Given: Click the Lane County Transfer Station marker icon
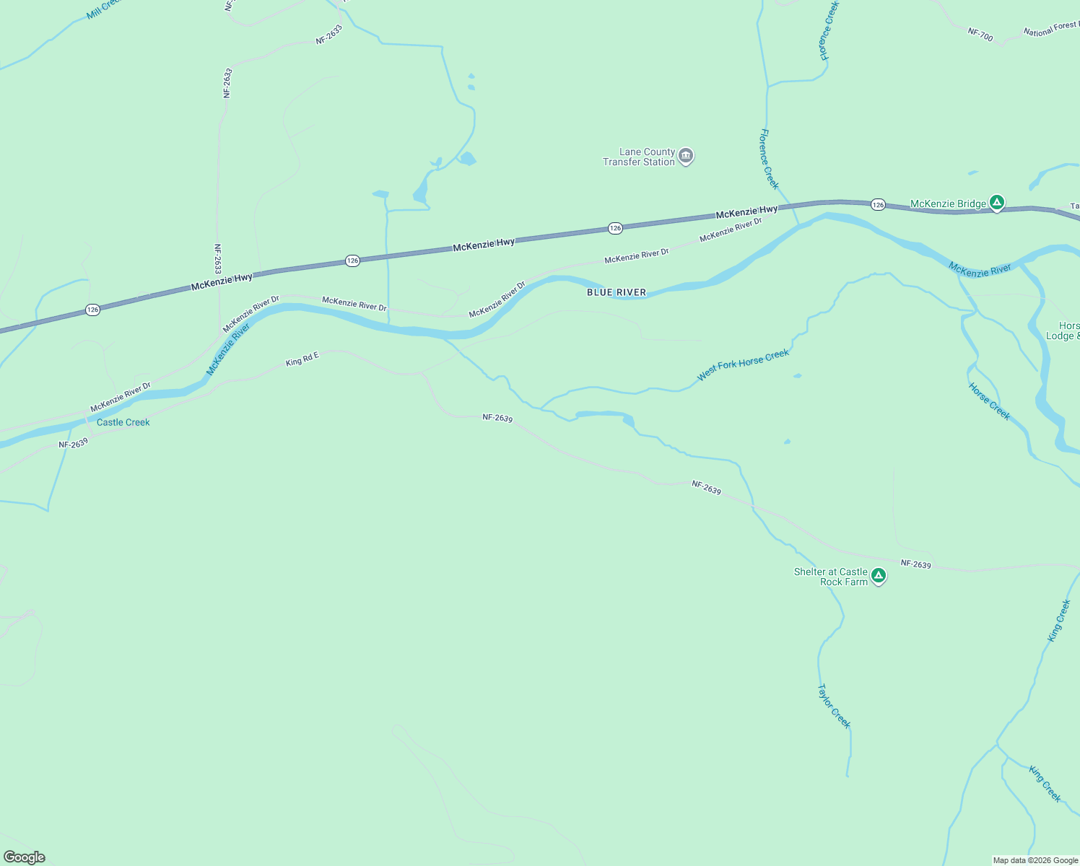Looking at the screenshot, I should [x=686, y=156].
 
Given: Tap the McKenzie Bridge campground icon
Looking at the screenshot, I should [x=997, y=204].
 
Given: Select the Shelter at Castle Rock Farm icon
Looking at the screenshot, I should [x=879, y=576].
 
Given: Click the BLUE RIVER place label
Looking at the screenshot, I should [x=617, y=292].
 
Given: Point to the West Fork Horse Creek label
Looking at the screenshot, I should [x=743, y=365].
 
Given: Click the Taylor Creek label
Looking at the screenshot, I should [x=834, y=707].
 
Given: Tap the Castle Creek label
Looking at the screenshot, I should [x=123, y=422].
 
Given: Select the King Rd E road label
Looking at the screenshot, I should [x=302, y=359].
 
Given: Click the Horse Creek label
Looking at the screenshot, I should [x=990, y=401].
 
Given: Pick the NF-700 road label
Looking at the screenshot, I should [x=980, y=33].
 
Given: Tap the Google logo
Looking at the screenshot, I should [x=25, y=857].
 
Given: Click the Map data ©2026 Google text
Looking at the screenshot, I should [x=1035, y=860].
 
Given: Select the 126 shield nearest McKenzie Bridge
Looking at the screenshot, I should [x=878, y=205].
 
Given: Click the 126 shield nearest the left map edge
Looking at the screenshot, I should [x=92, y=310].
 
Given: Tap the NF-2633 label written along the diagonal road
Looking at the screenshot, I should [x=328, y=35].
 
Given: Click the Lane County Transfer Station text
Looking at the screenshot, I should [x=639, y=157].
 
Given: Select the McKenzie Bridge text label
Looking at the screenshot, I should [x=948, y=204].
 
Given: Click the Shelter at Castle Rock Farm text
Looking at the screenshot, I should [x=831, y=577].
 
